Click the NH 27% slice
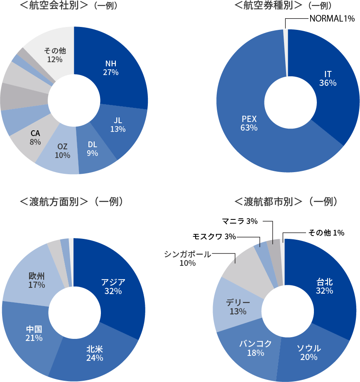[x=111, y=68]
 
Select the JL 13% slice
[x=118, y=124]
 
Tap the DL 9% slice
[x=93, y=149]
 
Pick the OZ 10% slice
[x=62, y=151]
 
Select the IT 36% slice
[x=328, y=78]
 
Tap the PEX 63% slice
[x=249, y=123]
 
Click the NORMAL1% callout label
[x=332, y=18]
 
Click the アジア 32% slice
[x=113, y=286]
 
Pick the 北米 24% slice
[x=94, y=353]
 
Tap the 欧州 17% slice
[x=37, y=280]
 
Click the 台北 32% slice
[x=324, y=286]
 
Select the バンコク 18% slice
[x=255, y=348]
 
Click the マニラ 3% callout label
[x=240, y=221]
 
